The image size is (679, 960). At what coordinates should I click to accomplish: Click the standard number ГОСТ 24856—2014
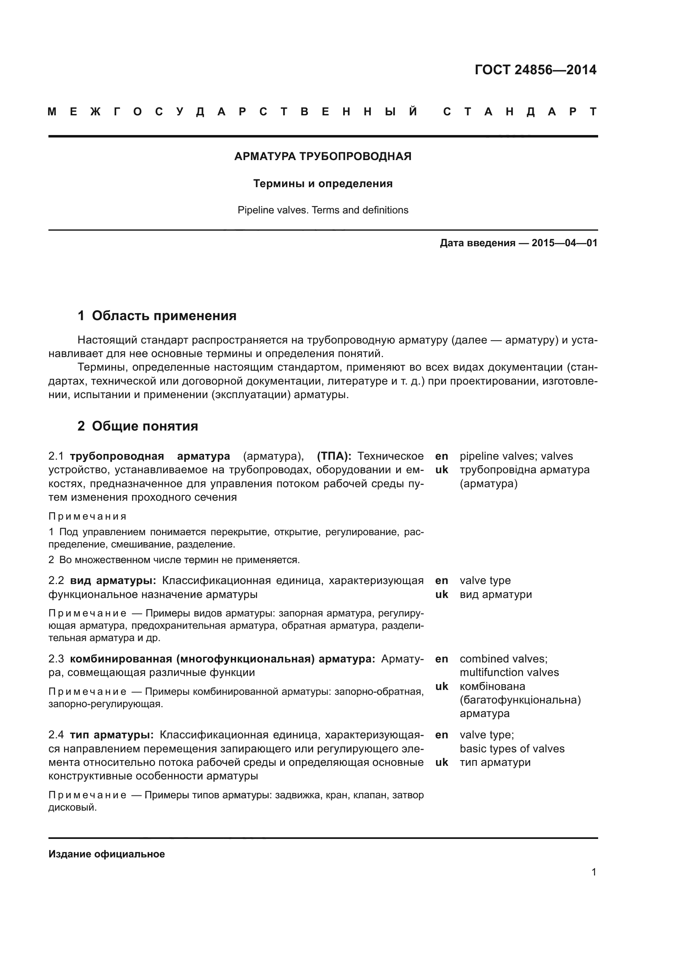tap(535, 70)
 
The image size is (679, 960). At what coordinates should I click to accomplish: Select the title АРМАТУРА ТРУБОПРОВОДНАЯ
tap(323, 156)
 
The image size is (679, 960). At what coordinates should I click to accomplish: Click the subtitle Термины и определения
tap(323, 183)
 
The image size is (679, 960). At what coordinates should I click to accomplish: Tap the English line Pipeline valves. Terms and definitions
tap(323, 210)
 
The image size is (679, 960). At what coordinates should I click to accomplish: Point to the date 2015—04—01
tap(564, 243)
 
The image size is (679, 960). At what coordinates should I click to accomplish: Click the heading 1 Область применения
tap(157, 316)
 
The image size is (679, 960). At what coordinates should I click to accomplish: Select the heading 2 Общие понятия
tap(138, 426)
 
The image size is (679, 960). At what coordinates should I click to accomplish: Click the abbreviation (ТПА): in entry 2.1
tap(334, 456)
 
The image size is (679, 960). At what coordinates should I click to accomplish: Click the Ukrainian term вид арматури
tap(495, 594)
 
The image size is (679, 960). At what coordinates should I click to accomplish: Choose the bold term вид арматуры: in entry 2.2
tap(113, 580)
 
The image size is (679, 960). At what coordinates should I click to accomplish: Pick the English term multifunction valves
tap(509, 672)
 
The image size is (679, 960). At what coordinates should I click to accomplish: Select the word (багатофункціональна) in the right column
tap(520, 700)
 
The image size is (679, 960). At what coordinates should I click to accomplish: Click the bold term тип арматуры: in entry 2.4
tap(112, 735)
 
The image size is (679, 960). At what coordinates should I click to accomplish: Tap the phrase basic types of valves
tap(512, 749)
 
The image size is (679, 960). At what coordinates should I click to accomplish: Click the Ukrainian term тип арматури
tap(495, 762)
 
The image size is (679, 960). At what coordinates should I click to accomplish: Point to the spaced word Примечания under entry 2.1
tap(87, 516)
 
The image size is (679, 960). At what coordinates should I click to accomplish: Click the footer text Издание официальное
tap(107, 854)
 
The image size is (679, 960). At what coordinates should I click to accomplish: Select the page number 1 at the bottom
tap(594, 872)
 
